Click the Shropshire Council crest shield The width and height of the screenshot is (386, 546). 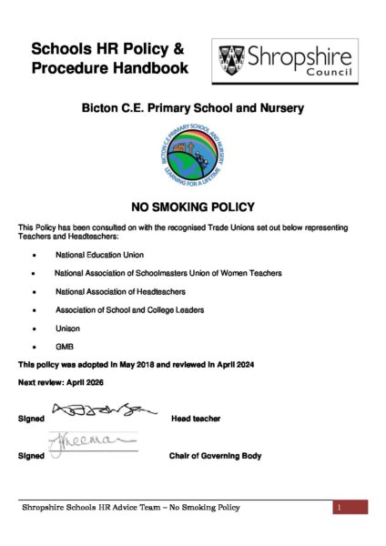click(x=231, y=60)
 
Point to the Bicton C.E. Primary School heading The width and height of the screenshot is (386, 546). click(x=192, y=108)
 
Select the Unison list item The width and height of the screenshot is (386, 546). click(x=67, y=328)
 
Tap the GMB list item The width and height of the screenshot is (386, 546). click(x=65, y=346)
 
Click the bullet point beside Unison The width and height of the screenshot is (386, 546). click(x=34, y=328)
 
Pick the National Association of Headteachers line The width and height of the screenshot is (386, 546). click(x=120, y=291)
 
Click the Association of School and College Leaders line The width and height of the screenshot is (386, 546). click(x=128, y=309)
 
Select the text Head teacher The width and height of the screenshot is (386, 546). click(x=196, y=419)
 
